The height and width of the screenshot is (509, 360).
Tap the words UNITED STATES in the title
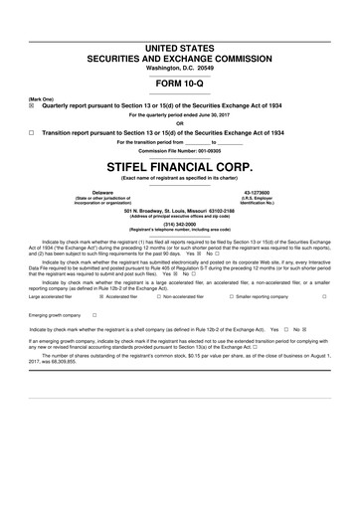(180, 49)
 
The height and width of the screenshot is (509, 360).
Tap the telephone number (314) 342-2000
(180, 224)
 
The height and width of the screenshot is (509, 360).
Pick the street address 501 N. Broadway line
(180, 211)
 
